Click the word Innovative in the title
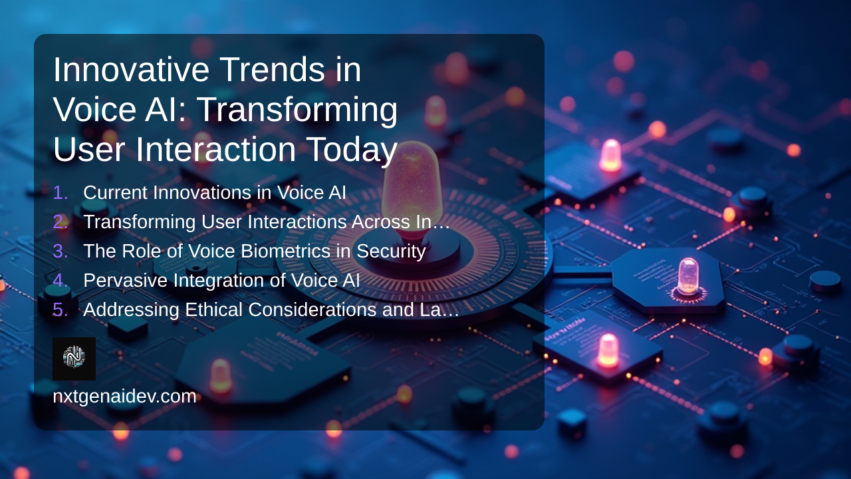click(131, 69)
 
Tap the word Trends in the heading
click(272, 69)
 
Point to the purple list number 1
click(61, 193)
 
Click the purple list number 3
click(61, 251)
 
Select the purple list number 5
click(61, 310)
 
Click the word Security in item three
click(391, 252)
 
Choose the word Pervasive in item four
click(126, 281)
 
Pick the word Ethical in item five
click(213, 309)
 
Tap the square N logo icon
click(74, 359)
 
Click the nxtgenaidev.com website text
click(124, 397)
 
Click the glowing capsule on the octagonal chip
click(688, 276)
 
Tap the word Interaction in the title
click(216, 149)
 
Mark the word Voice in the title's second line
click(94, 110)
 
